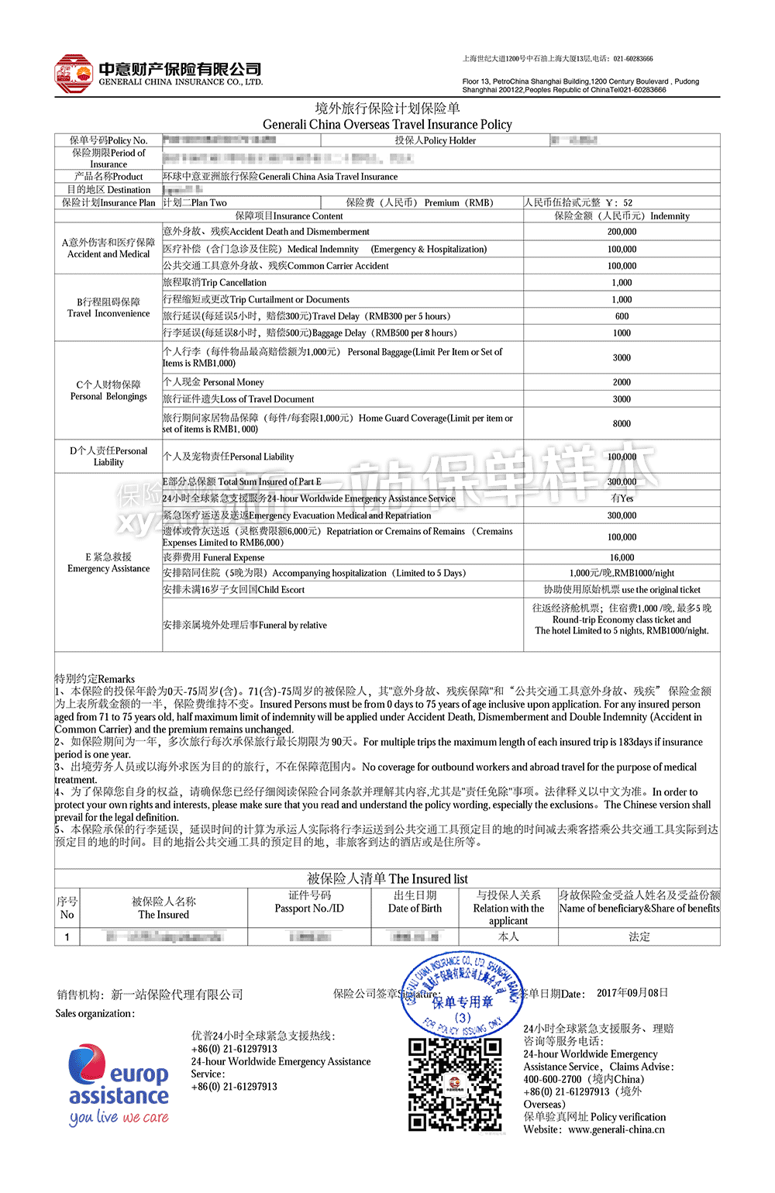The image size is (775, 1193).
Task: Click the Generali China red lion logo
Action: coord(74,74)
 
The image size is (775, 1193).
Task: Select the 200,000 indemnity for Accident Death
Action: coord(622,232)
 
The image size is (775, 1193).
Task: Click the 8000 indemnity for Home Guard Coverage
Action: coord(622,424)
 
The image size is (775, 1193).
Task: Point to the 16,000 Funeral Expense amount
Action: coord(622,557)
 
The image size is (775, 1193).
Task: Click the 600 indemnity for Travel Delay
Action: coord(622,316)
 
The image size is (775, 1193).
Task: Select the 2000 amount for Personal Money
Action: coord(622,382)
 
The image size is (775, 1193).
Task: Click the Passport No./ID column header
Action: coord(309,902)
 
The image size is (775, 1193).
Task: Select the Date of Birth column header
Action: coord(415,902)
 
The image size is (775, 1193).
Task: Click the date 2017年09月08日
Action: coord(632,993)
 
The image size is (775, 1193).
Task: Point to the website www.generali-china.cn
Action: coord(616,1129)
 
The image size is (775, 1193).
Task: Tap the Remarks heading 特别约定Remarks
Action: coord(95,679)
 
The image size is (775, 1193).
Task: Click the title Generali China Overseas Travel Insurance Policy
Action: coord(387,124)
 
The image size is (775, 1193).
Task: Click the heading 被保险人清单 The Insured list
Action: coord(387,878)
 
